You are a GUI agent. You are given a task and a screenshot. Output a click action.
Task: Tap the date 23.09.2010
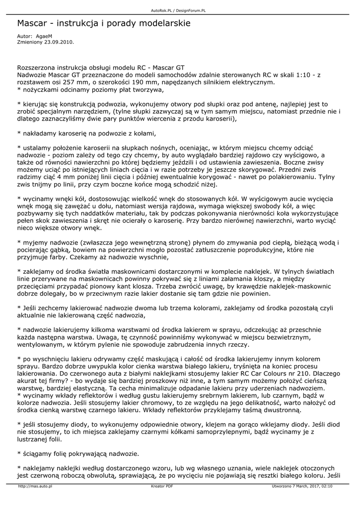tap(59, 42)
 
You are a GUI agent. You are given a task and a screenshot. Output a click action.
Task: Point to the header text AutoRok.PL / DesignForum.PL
tap(179, 10)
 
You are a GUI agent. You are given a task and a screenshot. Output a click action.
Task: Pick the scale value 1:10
tap(305, 74)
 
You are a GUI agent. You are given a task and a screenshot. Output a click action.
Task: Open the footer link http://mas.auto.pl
tap(35, 486)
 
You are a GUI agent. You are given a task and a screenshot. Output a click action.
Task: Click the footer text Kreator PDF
tap(162, 486)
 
